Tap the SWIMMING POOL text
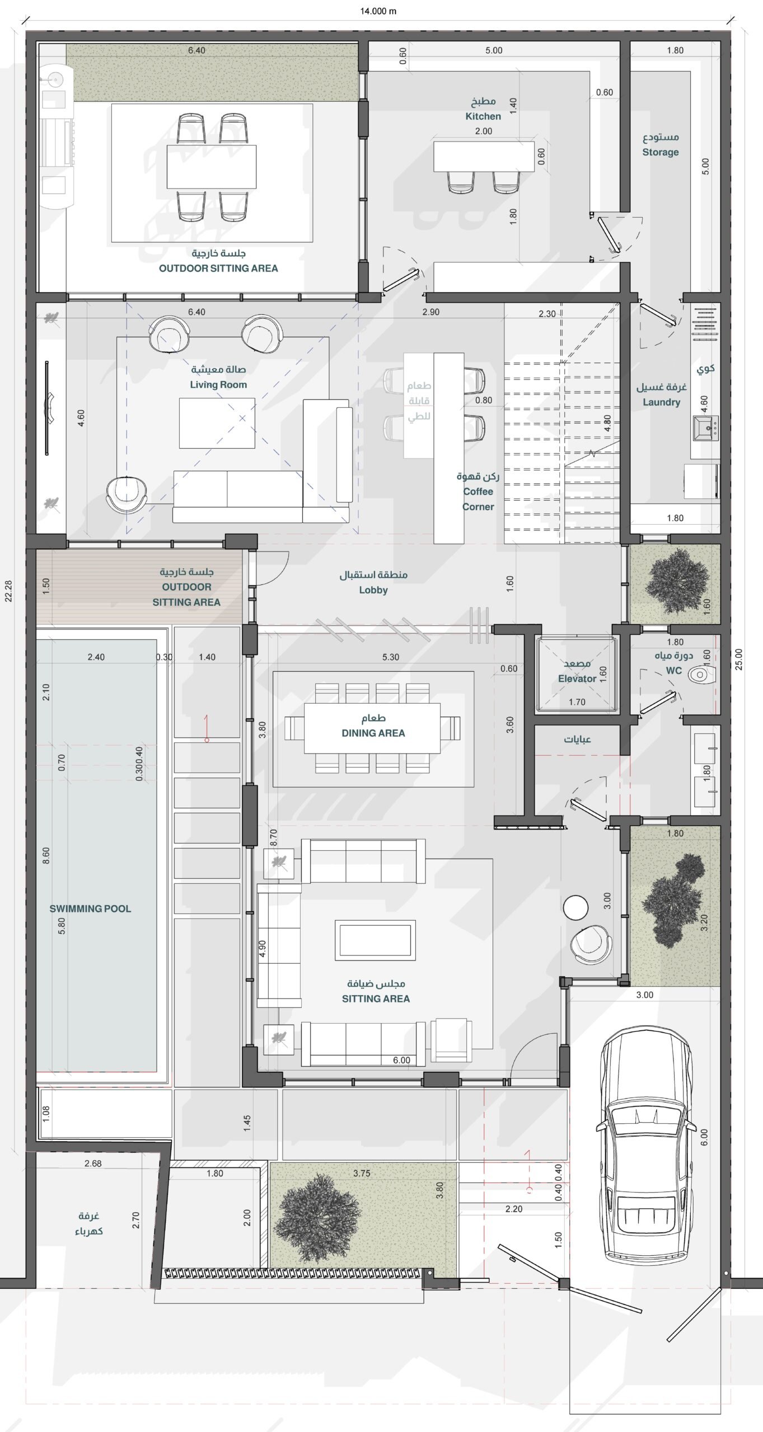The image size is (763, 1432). click(90, 909)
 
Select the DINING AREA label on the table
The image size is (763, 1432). click(373, 733)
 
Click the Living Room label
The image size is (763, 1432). click(218, 385)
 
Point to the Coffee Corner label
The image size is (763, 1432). click(478, 499)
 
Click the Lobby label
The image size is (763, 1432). click(373, 590)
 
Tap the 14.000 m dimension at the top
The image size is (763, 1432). click(378, 11)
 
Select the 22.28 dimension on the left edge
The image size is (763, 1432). click(8, 591)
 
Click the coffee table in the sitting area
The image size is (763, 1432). click(375, 940)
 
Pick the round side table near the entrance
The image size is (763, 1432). click(575, 907)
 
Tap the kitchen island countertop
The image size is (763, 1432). click(484, 156)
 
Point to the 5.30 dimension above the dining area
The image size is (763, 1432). click(391, 657)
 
